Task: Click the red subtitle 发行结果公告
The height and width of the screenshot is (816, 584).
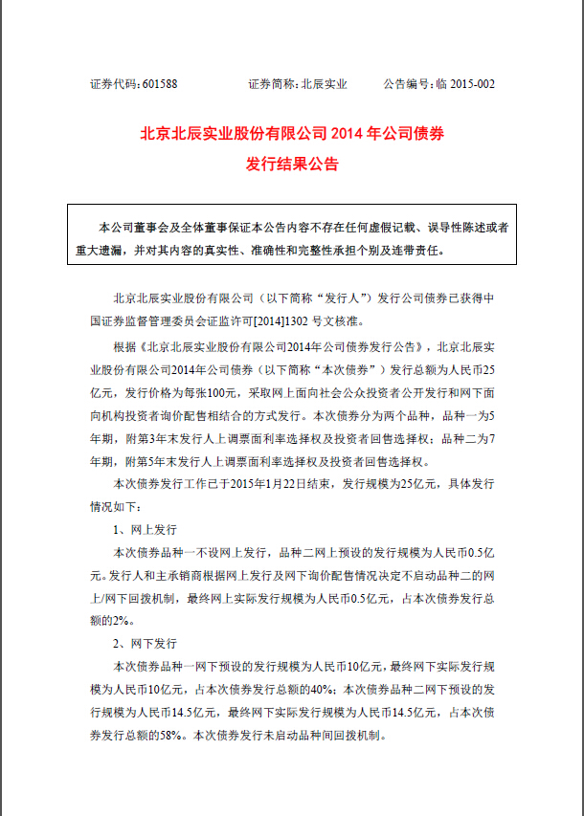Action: (x=291, y=164)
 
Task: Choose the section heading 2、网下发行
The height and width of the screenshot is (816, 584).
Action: (x=145, y=646)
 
